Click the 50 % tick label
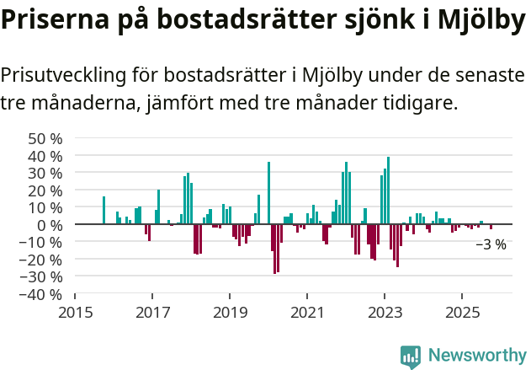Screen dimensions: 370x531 45,138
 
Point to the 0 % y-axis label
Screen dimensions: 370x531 50,225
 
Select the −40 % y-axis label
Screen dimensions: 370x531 40,294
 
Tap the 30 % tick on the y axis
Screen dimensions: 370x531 45,173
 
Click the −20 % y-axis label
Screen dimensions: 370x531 40,260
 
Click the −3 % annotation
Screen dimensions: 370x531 491,245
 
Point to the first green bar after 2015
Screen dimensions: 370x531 104,210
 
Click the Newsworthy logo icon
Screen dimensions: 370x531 411,356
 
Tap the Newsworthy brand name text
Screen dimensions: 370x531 477,356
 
